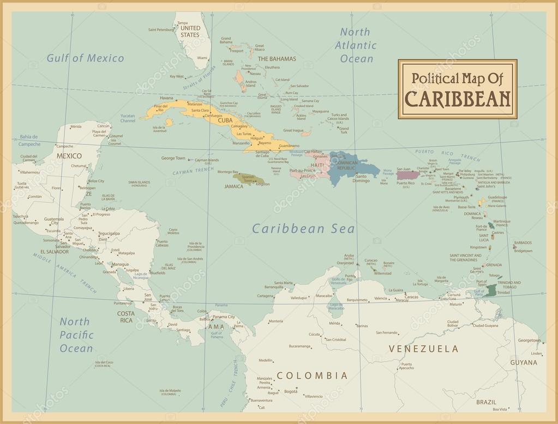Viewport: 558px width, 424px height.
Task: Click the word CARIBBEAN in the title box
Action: click(x=458, y=98)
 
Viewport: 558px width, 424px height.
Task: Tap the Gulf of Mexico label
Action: click(x=85, y=58)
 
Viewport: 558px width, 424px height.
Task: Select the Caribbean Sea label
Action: click(x=303, y=229)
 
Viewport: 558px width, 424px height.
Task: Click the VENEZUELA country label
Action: click(x=423, y=348)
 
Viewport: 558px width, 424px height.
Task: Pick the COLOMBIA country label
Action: click(x=312, y=375)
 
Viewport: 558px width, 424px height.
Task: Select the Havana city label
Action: click(x=152, y=98)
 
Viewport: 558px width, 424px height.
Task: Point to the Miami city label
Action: click(x=203, y=58)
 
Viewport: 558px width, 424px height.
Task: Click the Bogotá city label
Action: click(x=291, y=391)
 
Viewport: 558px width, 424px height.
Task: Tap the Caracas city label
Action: click(x=411, y=296)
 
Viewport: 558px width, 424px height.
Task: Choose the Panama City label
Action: click(x=224, y=317)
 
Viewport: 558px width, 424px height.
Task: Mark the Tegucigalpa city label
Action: click(x=109, y=233)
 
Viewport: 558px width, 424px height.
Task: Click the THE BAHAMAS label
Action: click(x=277, y=58)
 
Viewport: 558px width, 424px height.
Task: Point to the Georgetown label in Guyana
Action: click(x=529, y=340)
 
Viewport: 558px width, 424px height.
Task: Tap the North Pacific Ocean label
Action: click(x=76, y=335)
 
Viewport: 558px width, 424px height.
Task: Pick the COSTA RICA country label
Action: click(x=125, y=317)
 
